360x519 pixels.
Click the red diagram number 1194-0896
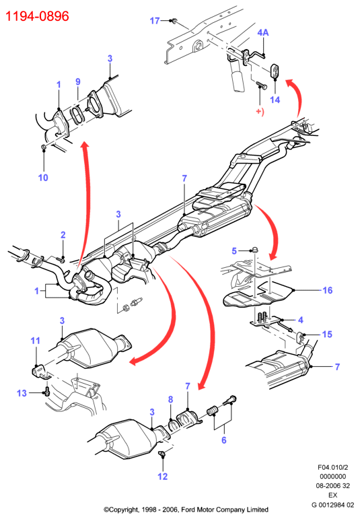click(x=38, y=16)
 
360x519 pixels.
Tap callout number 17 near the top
click(x=155, y=21)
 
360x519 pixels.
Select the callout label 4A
click(x=263, y=32)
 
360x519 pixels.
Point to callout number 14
click(x=275, y=100)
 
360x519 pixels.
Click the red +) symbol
click(x=260, y=112)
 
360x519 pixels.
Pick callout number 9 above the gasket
click(x=78, y=81)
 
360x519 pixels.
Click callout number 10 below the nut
click(x=43, y=178)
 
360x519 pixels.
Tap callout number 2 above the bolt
click(x=63, y=235)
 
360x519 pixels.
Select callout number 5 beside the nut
click(x=234, y=251)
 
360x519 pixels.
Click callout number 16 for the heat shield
click(x=327, y=290)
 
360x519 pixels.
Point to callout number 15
click(x=327, y=335)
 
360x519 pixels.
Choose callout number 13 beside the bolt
click(x=22, y=393)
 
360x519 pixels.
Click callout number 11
click(x=35, y=341)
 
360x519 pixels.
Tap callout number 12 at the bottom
click(x=162, y=477)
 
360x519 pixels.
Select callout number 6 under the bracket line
click(x=224, y=440)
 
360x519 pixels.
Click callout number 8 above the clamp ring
click(x=170, y=399)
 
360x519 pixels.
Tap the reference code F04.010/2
click(x=333, y=467)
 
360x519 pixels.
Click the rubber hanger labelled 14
click(x=275, y=71)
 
